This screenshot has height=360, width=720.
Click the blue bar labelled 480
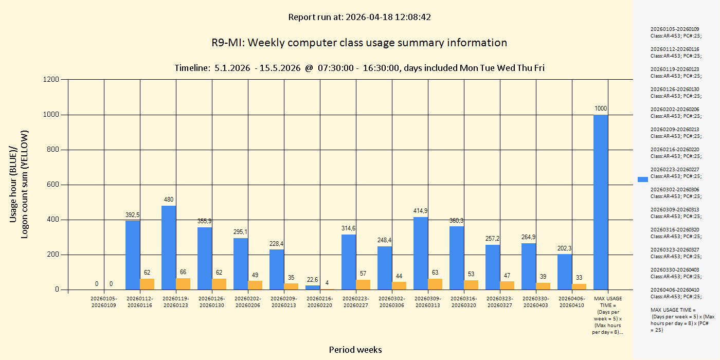click(169, 247)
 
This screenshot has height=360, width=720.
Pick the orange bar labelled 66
click(183, 284)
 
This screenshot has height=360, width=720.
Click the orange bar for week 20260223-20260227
click(363, 284)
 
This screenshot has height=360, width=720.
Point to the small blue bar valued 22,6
click(313, 287)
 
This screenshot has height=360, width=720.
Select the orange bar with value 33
click(579, 286)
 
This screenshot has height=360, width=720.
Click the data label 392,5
click(133, 214)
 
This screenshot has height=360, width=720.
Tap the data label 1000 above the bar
click(601, 109)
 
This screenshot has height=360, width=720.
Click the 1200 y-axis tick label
click(51, 80)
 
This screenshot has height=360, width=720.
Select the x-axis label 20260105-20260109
click(104, 302)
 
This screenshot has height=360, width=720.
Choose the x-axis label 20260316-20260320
click(464, 302)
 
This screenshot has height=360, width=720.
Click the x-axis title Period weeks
click(355, 350)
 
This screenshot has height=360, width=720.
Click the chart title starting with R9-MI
click(359, 43)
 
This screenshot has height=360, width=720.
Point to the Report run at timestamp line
click(359, 17)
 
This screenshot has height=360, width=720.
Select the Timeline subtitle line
click(359, 68)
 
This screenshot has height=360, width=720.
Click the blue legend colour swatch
click(643, 179)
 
